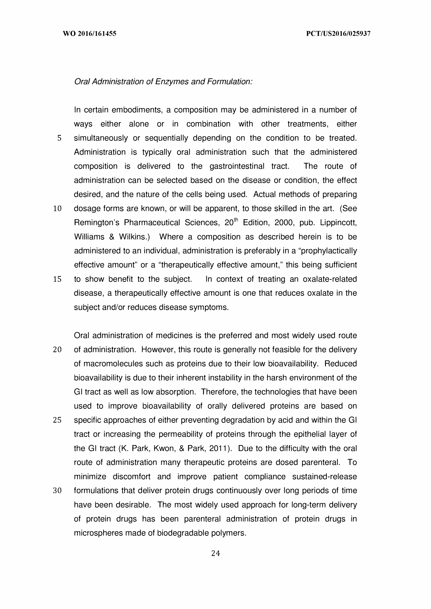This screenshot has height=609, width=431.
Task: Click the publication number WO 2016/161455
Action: pos(90,34)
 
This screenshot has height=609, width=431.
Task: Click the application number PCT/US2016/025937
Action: pos(338,34)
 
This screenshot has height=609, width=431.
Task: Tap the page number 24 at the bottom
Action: pos(216,553)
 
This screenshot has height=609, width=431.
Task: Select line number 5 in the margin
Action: pos(59,138)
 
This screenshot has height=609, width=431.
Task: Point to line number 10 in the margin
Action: pos(57,209)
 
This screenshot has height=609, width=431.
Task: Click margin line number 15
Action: pos(57,279)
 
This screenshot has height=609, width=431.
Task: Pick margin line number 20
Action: pos(57,350)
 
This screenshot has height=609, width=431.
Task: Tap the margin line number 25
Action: pos(57,420)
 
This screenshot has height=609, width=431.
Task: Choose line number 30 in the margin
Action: pos(57,491)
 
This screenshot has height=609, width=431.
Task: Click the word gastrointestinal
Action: pos(237,166)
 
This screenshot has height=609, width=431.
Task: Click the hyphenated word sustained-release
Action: pos(324,477)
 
